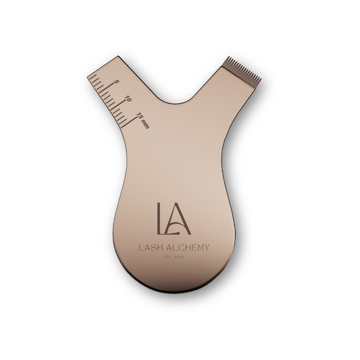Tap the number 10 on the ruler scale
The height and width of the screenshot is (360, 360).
coord(128,99)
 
